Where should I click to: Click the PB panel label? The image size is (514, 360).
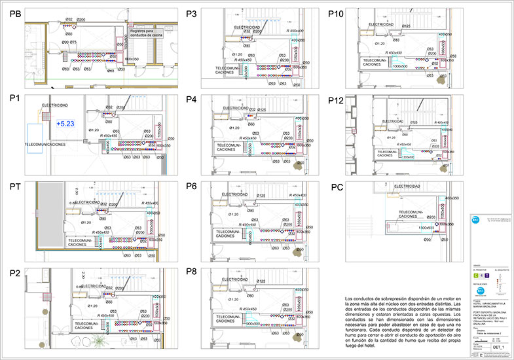coord(16,14)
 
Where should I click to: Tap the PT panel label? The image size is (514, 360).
coord(16,187)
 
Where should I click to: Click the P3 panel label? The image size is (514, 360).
coord(191,14)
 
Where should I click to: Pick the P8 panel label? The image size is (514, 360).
coord(191,271)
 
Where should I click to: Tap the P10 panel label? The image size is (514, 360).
coord(337,14)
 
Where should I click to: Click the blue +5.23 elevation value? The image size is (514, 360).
coord(65,123)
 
